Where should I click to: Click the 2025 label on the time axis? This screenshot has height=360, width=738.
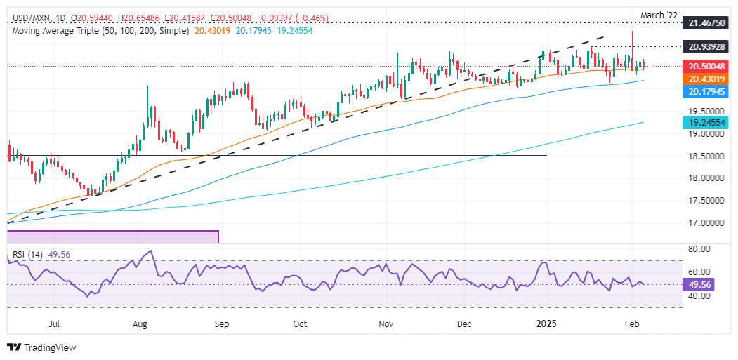point(546,325)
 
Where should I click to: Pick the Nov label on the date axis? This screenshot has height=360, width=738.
point(386,325)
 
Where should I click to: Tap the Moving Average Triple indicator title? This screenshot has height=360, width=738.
point(98,31)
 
